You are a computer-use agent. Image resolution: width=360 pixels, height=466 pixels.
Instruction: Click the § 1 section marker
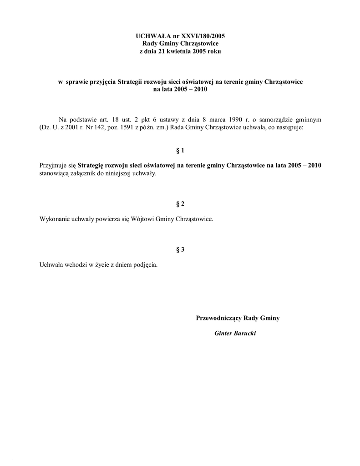click(x=180, y=150)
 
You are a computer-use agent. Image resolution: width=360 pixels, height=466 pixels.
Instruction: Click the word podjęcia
click(x=146, y=264)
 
